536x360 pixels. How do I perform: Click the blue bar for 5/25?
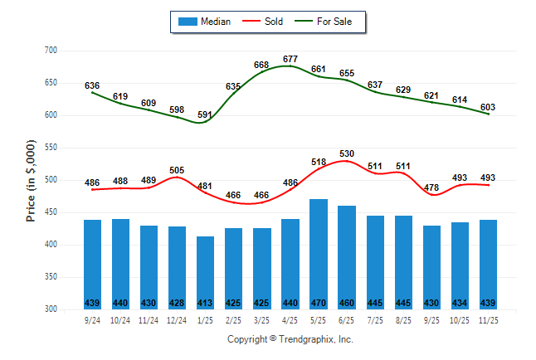click(x=318, y=254)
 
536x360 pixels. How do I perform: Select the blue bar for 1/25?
click(x=205, y=273)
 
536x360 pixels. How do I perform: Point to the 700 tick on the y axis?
click(x=51, y=51)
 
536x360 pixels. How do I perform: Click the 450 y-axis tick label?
click(x=51, y=212)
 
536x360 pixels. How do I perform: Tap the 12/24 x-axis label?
click(x=177, y=319)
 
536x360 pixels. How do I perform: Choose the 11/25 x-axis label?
click(x=487, y=319)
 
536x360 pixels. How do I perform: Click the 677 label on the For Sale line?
click(x=290, y=59)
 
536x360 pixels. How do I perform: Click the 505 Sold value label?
click(x=177, y=170)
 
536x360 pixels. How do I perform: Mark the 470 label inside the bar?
click(x=318, y=302)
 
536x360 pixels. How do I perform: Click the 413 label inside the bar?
click(x=205, y=302)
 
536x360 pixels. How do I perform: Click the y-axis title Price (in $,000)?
click(x=31, y=180)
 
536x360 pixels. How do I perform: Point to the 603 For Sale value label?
click(x=488, y=107)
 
